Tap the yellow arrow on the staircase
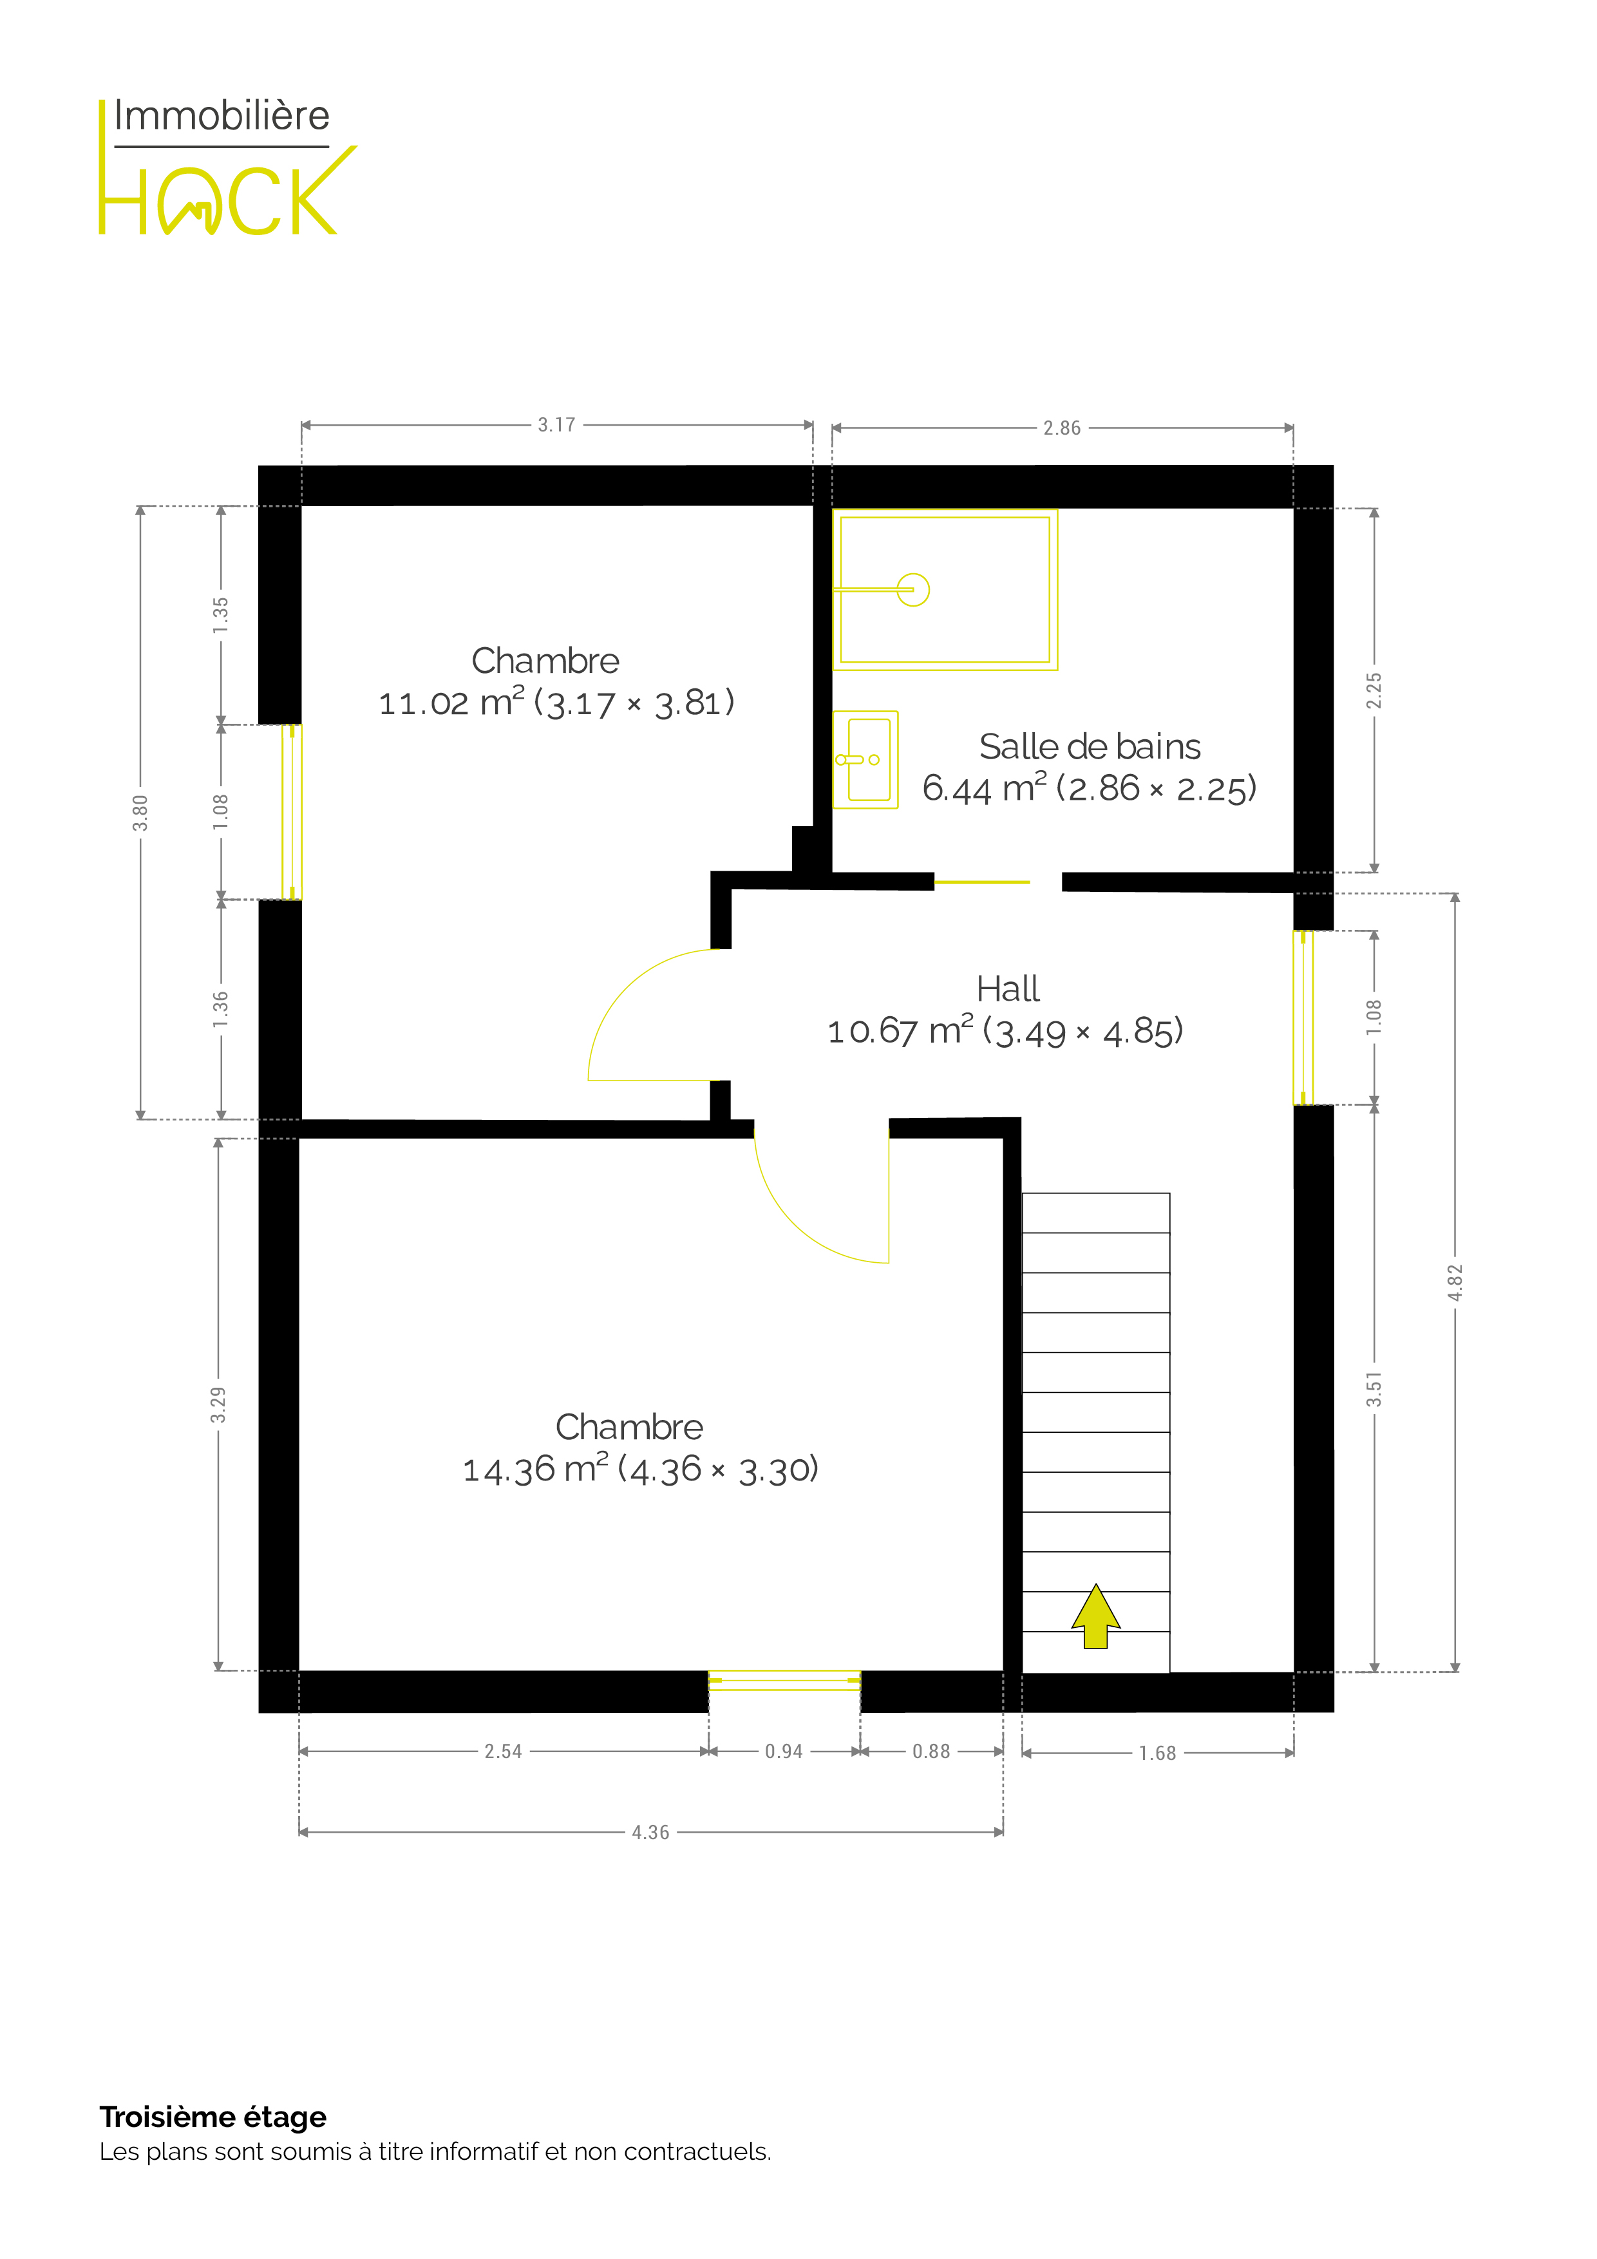(1095, 1616)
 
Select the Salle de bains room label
(1090, 747)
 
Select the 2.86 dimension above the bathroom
(1062, 428)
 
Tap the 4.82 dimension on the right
(1455, 1282)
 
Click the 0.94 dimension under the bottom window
(784, 1752)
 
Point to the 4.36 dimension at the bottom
(650, 1832)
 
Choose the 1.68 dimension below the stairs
(1157, 1753)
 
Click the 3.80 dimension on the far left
(141, 813)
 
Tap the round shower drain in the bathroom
(913, 589)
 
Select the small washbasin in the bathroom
(866, 760)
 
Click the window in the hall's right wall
(1303, 1017)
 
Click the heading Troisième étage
(213, 2116)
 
